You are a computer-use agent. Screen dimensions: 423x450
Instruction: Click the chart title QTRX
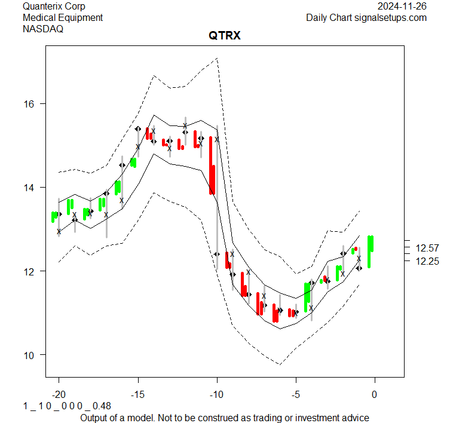point(224,36)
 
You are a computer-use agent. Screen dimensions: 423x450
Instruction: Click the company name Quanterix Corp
point(54,6)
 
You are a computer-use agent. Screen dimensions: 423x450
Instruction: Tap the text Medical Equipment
point(63,17)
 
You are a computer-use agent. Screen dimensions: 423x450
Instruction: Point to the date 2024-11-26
point(402,6)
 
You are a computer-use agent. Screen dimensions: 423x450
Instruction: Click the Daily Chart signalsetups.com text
point(366,17)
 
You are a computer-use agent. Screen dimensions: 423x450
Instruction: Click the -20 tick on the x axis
point(59,394)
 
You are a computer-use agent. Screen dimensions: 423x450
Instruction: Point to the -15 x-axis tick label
point(137,394)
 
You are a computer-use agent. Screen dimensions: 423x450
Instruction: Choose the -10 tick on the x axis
point(216,394)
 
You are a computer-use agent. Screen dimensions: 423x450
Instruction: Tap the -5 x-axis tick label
point(295,394)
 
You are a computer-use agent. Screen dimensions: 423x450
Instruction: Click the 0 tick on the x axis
point(375,394)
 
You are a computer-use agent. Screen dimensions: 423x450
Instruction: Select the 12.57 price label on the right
point(427,248)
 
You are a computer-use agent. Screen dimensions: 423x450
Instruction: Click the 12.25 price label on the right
point(427,261)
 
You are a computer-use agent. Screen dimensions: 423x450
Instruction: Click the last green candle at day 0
point(371,251)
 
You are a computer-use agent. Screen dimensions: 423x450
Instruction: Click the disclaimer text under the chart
point(224,418)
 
